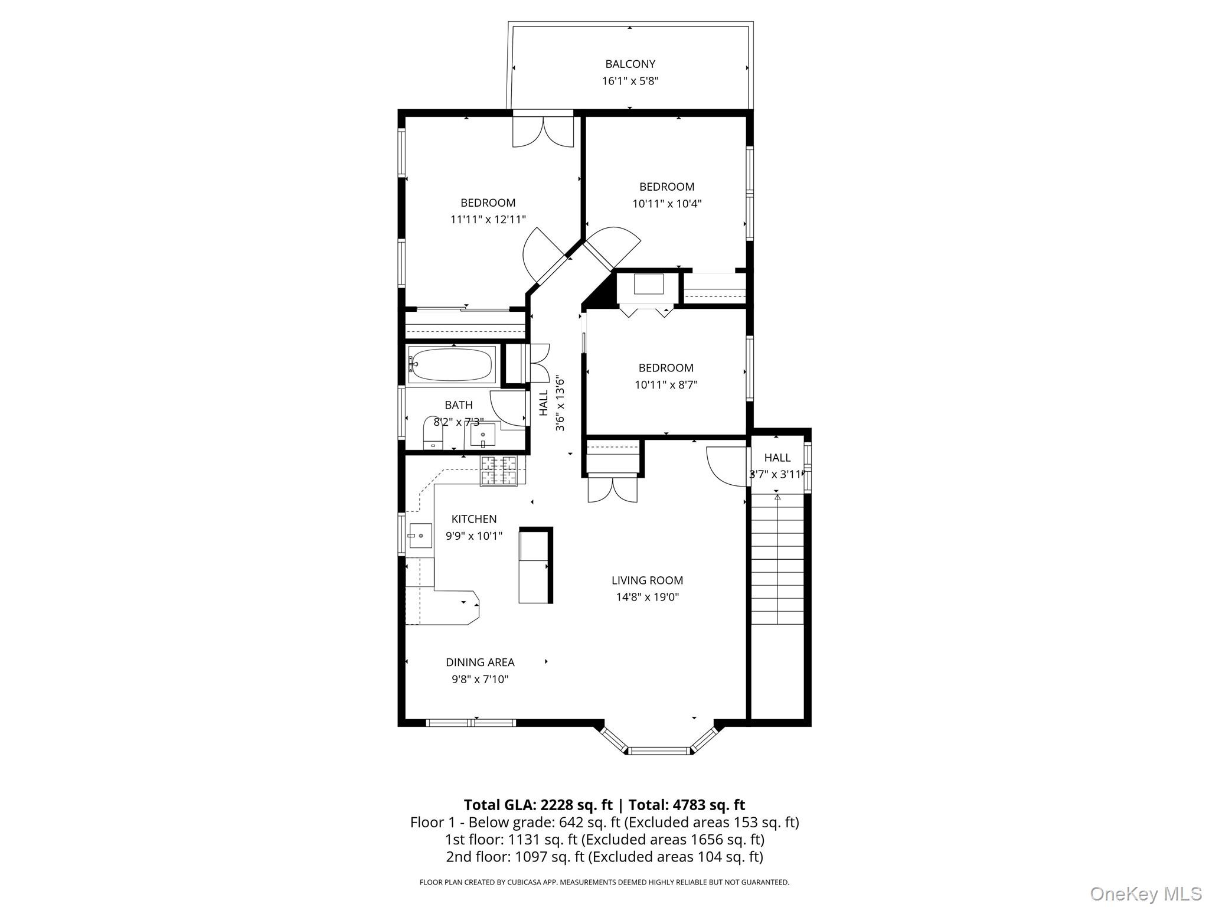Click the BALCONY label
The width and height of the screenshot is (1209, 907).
(630, 64)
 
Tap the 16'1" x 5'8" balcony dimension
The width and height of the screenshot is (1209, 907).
(630, 81)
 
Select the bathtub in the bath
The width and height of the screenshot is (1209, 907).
(452, 364)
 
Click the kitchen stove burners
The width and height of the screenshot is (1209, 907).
(498, 470)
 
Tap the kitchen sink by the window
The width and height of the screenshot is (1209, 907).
(420, 536)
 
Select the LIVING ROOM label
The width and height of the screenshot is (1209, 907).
(647, 580)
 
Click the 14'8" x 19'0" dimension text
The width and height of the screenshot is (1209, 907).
(647, 597)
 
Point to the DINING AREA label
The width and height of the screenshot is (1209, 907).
(480, 663)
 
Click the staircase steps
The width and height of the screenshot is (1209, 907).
(777, 561)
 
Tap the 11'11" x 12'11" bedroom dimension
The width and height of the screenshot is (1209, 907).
(488, 220)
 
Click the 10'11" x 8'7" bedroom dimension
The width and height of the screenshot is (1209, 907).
(666, 385)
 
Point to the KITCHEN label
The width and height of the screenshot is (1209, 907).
(473, 519)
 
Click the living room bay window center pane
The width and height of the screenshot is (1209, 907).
(659, 751)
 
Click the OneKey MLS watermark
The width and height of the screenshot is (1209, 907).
(1145, 893)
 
